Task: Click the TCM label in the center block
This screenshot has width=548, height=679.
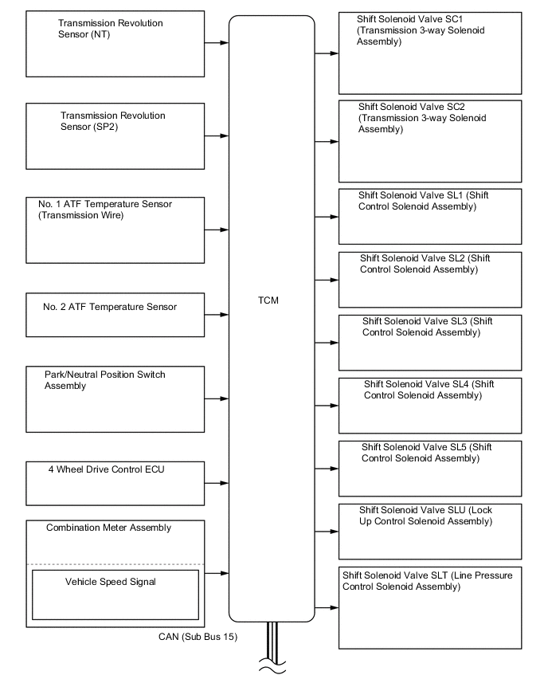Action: tap(268, 300)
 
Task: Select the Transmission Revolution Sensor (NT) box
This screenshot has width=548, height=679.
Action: tap(115, 44)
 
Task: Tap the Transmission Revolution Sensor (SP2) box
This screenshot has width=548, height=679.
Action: tap(115, 135)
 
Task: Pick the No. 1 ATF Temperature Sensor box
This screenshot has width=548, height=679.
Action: tap(115, 230)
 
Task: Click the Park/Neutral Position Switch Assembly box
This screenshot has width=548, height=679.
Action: tap(115, 398)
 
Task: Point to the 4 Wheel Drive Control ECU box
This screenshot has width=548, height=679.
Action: tap(115, 483)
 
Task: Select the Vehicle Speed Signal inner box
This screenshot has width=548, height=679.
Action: tap(115, 595)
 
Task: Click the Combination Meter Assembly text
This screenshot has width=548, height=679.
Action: tap(108, 528)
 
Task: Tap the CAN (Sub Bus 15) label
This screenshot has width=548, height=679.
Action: tap(198, 637)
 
